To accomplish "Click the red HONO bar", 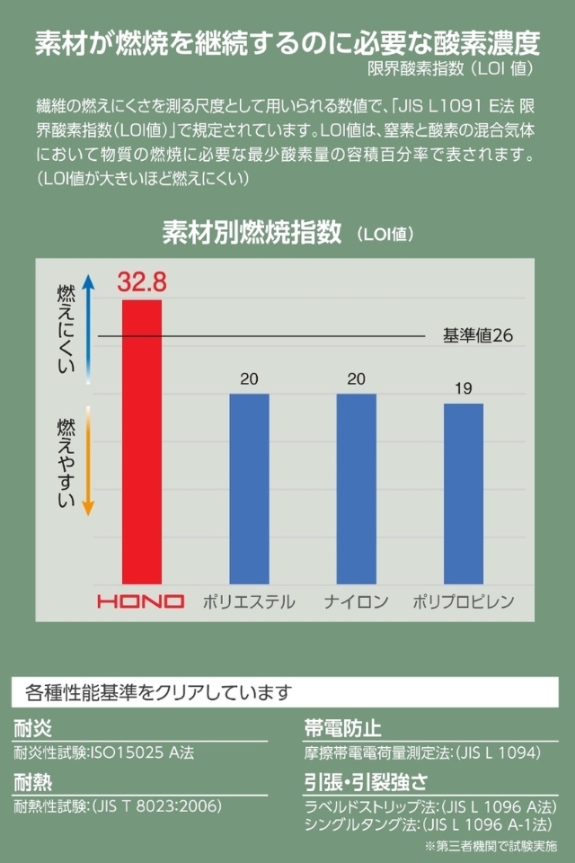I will pyautogui.click(x=142, y=440).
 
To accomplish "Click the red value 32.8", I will pyautogui.click(x=142, y=283).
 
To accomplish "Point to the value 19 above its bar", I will pyautogui.click(x=463, y=389).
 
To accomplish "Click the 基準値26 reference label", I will pyautogui.click(x=477, y=336).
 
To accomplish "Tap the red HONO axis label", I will pyautogui.click(x=141, y=601).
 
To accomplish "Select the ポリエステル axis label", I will pyautogui.click(x=249, y=601).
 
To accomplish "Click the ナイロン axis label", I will pyautogui.click(x=356, y=601).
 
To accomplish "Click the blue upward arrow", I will pyautogui.click(x=88, y=328).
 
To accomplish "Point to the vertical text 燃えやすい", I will pyautogui.click(x=66, y=461).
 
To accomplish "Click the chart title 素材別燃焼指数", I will pyautogui.click(x=252, y=233).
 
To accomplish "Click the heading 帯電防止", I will pyautogui.click(x=342, y=728).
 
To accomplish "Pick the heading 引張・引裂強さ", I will pyautogui.click(x=365, y=780).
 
